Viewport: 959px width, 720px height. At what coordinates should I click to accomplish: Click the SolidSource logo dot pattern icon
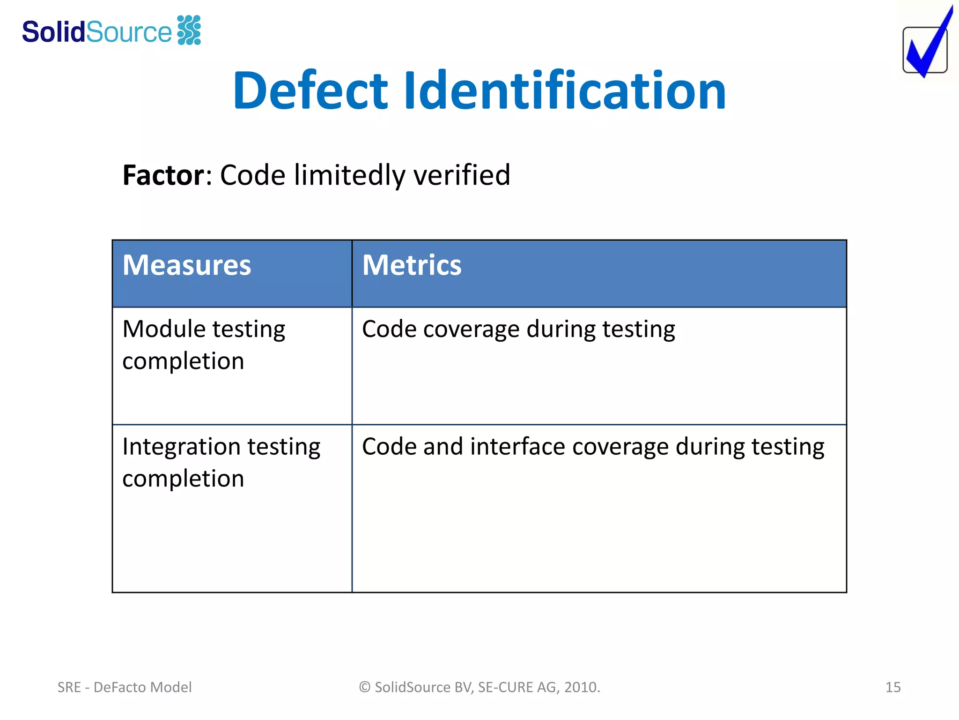(x=189, y=30)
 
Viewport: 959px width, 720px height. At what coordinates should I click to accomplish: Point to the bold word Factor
(x=163, y=175)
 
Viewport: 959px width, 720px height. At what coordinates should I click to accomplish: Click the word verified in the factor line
(x=461, y=175)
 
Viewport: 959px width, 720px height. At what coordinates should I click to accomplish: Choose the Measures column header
(x=187, y=265)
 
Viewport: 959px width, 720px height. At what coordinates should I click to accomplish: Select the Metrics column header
(x=412, y=265)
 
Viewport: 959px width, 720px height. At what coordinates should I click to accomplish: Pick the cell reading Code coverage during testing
(x=518, y=329)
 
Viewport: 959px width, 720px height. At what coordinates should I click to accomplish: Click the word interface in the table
(x=518, y=446)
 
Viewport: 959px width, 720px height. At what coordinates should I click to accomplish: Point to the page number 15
(x=893, y=687)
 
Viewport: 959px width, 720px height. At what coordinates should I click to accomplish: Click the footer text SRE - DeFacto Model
(x=125, y=687)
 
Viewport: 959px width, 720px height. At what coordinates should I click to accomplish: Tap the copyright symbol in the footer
(x=365, y=687)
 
